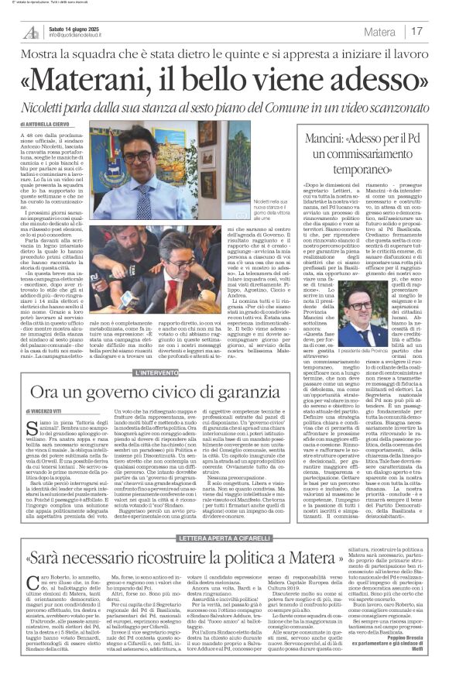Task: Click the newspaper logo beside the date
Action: click(30, 32)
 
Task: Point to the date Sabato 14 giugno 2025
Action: click(81, 28)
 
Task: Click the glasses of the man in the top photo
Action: click(138, 156)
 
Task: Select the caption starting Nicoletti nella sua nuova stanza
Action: click(231, 207)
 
